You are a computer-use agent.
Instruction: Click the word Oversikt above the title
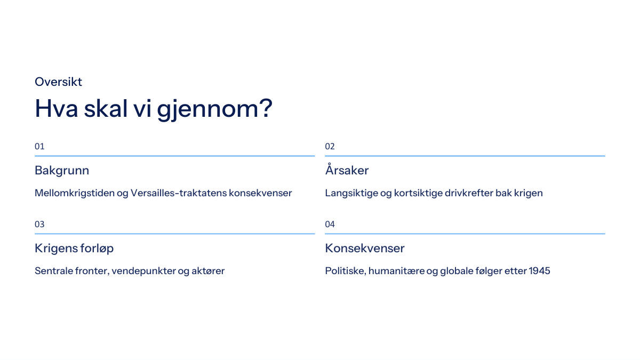(58, 82)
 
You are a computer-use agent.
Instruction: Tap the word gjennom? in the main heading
(214, 109)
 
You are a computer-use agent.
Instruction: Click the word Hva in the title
(57, 109)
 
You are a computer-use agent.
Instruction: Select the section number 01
(39, 147)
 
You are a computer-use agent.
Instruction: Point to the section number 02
(330, 147)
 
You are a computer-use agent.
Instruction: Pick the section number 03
(39, 225)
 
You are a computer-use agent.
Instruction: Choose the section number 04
(330, 225)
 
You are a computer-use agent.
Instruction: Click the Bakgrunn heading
(62, 171)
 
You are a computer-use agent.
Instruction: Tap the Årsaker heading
(347, 170)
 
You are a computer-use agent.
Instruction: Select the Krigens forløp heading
(74, 249)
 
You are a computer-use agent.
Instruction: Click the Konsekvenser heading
(365, 248)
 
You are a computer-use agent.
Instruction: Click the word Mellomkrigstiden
(75, 194)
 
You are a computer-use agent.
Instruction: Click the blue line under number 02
(465, 156)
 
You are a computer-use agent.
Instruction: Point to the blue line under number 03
(174, 234)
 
